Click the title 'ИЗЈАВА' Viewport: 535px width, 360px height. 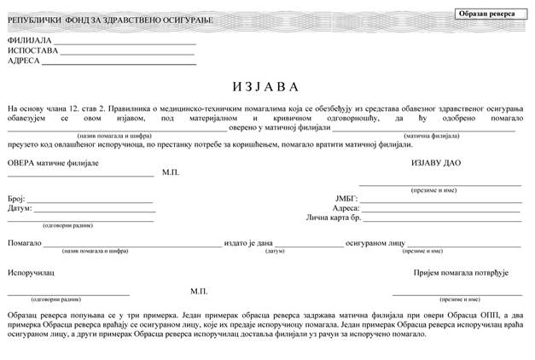pos(265,87)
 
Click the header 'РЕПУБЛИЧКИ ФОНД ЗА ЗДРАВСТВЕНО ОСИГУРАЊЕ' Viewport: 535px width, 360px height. pos(110,20)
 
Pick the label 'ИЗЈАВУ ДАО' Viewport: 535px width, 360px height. pos(436,162)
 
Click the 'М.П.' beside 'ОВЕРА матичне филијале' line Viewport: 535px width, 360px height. pos(171,172)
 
